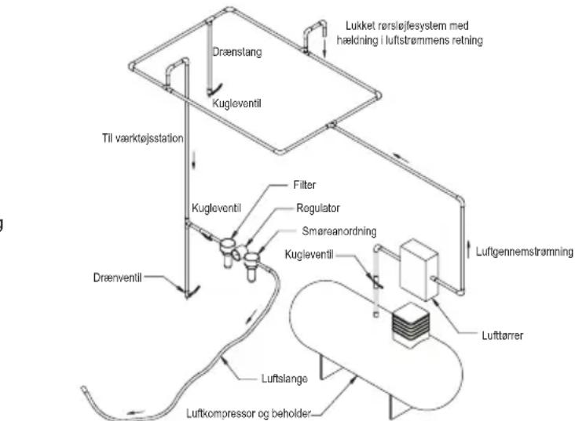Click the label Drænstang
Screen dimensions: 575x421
point(237,52)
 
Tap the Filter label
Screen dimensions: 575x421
point(304,185)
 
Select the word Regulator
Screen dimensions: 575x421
point(318,209)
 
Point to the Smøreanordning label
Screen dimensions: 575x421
point(339,231)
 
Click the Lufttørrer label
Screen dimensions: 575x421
point(503,336)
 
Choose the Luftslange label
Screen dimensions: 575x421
point(284,379)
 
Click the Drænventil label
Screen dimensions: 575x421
point(117,278)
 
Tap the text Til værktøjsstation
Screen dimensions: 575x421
point(143,139)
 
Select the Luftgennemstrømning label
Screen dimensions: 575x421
point(525,252)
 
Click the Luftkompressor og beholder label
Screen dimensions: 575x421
point(249,414)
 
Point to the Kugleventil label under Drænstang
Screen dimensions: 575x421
point(237,103)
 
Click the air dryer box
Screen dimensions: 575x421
point(419,269)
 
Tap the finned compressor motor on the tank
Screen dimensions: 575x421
point(410,325)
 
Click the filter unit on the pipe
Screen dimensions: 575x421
point(228,252)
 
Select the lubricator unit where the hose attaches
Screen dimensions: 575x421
point(251,266)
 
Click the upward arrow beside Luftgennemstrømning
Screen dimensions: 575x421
point(468,249)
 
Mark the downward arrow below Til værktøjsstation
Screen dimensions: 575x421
point(193,161)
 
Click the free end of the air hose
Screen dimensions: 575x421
point(83,388)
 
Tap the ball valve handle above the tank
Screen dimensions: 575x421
point(377,282)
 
